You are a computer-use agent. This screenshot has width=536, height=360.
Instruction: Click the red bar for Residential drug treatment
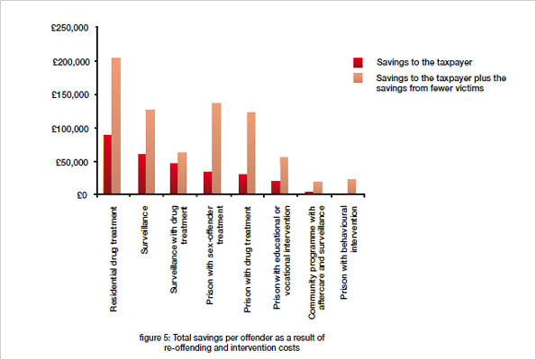click(107, 165)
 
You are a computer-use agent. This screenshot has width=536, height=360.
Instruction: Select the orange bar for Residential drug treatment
click(116, 126)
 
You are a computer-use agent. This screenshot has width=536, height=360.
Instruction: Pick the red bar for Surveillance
click(141, 174)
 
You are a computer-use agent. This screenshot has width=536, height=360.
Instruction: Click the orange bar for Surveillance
click(150, 152)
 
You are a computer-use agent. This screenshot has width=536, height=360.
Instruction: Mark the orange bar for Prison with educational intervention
click(284, 175)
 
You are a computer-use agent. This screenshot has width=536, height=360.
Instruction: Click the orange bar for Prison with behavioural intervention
click(351, 186)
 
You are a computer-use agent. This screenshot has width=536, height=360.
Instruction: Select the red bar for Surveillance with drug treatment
click(174, 178)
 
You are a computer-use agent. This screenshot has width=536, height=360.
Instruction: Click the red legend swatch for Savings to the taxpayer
click(358, 62)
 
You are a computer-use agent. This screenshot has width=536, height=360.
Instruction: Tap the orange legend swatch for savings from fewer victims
click(358, 78)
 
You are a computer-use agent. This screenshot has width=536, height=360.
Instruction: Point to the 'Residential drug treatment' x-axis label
click(113, 256)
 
